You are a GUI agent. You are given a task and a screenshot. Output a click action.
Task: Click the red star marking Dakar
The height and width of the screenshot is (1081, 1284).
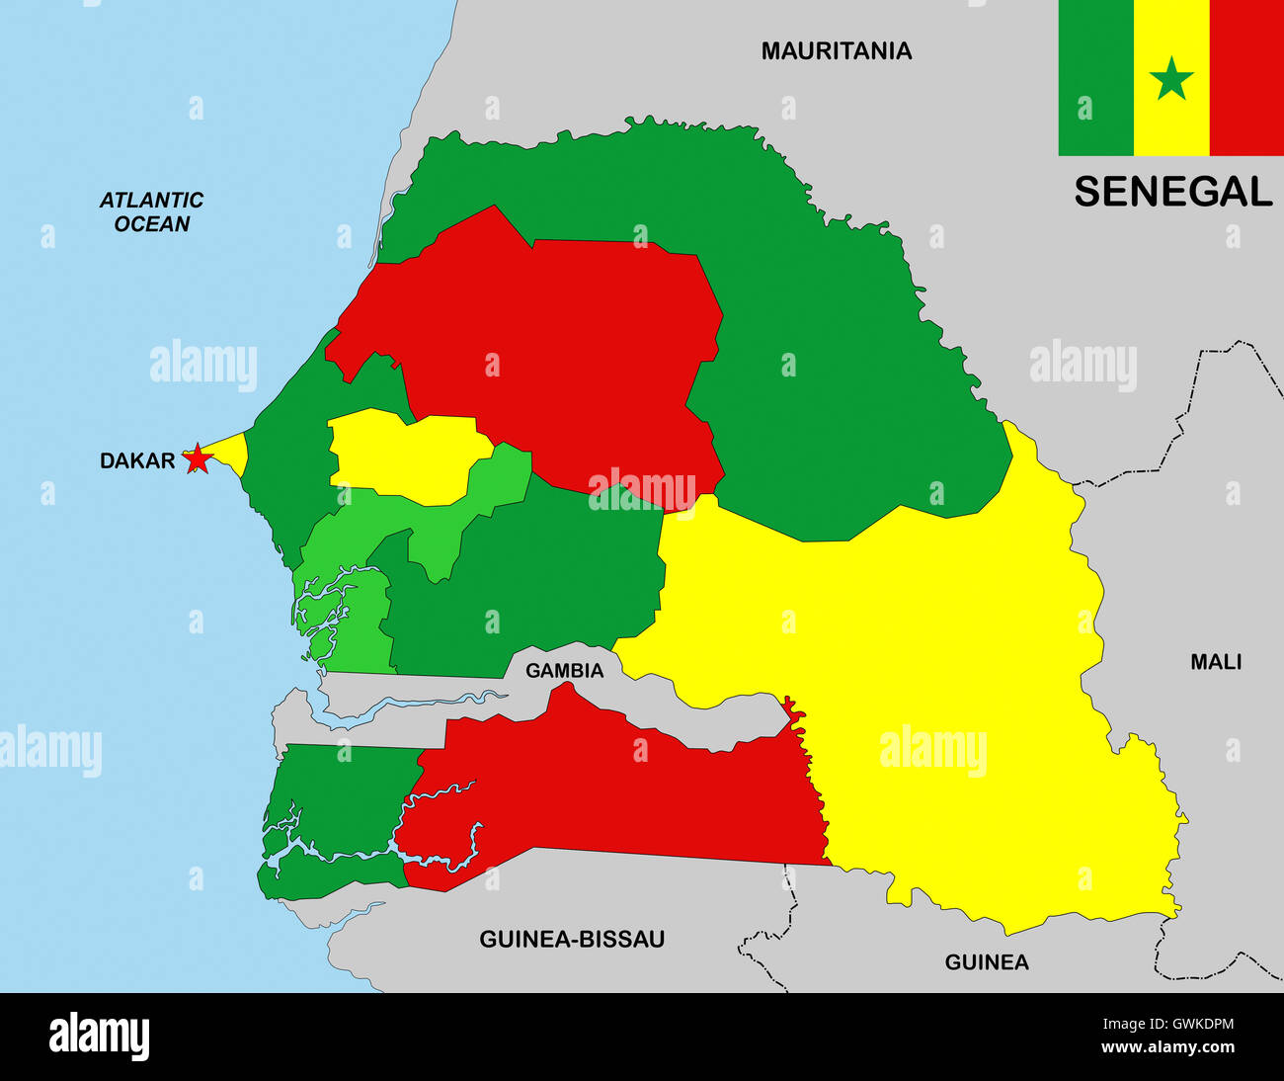(x=199, y=458)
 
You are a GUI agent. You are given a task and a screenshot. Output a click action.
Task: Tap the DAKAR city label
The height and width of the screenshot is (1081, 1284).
(x=137, y=460)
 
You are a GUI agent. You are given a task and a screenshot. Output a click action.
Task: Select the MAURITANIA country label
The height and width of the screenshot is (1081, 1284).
(x=836, y=51)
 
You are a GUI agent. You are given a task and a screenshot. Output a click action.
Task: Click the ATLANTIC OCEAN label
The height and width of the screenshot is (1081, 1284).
(x=151, y=212)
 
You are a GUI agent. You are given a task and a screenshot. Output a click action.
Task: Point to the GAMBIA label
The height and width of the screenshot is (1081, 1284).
(x=564, y=671)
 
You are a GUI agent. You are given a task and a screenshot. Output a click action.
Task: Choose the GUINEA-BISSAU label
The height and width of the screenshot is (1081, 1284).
(x=572, y=939)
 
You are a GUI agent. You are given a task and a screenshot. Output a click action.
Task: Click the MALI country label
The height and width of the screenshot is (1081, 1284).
(x=1216, y=662)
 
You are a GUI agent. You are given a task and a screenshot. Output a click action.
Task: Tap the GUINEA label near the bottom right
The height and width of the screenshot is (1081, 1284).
(x=987, y=961)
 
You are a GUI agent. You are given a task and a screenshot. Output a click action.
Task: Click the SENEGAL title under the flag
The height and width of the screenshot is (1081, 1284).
(x=1172, y=192)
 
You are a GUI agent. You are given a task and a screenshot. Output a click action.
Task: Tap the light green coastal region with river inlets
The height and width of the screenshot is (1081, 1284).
(x=346, y=613)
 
